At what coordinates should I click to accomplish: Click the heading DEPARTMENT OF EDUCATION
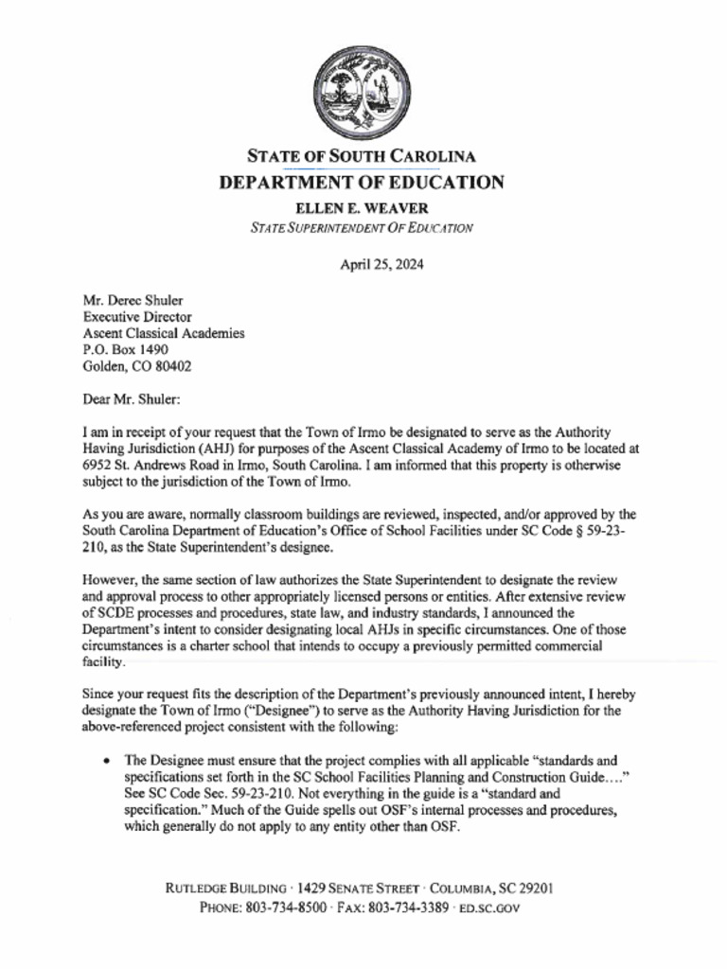(x=362, y=183)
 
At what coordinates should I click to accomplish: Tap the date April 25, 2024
(x=381, y=264)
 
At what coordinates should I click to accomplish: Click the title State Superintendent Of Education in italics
(x=362, y=227)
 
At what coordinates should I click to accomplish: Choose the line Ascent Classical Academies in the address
(x=164, y=333)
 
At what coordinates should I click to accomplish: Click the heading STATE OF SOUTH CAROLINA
(x=362, y=156)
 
